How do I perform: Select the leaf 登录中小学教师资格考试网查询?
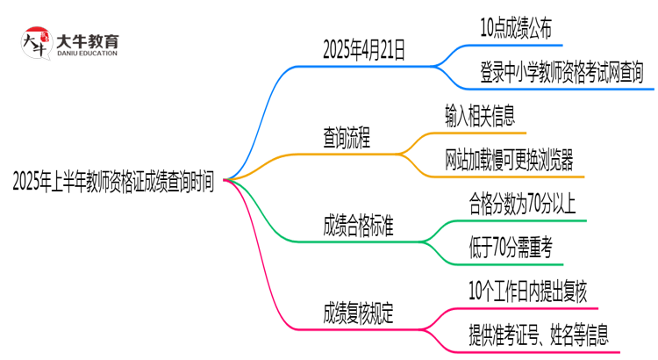562,71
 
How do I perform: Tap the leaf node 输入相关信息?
480,115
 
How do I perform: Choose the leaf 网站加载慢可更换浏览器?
510,159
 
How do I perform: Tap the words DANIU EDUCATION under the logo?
87,54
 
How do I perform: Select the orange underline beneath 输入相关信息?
480,133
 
